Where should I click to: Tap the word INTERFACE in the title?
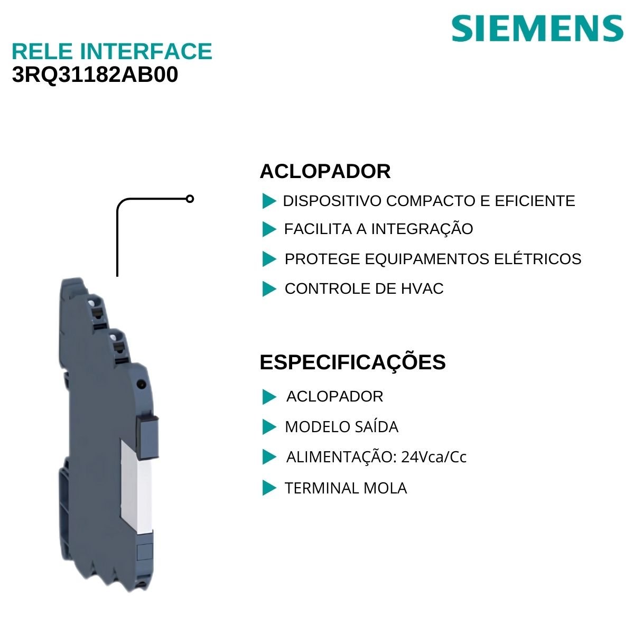tap(146, 51)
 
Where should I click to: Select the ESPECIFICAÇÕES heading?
tap(352, 362)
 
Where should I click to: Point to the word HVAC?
tap(422, 288)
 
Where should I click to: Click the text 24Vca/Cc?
tap(434, 457)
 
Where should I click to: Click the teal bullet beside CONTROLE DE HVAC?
tap(269, 289)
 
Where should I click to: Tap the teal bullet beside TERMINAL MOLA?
tap(269, 488)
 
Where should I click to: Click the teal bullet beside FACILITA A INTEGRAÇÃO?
tap(269, 229)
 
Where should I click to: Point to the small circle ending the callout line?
tap(190, 199)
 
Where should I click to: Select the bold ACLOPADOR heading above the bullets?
tap(325, 172)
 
